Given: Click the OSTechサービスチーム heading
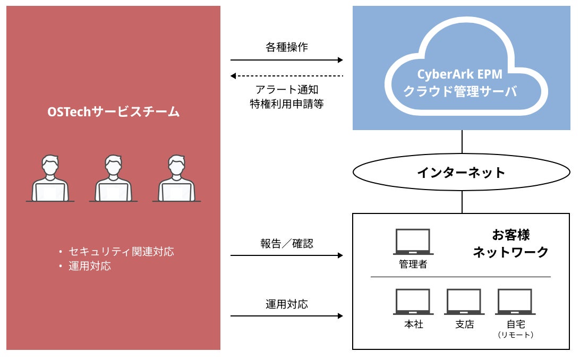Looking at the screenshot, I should [x=114, y=112].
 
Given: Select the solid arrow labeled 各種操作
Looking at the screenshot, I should [x=287, y=61].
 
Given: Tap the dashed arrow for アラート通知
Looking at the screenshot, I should [x=287, y=76].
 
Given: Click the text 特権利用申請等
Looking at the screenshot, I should [x=287, y=104].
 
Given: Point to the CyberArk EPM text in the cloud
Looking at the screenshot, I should [x=460, y=75].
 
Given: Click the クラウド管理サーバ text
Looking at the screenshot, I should [x=460, y=91].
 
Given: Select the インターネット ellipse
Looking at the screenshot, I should [x=461, y=173].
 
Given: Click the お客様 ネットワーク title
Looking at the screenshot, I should [x=510, y=243].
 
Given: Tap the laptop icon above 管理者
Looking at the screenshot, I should [x=413, y=242].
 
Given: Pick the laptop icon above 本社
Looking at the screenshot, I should [x=413, y=302].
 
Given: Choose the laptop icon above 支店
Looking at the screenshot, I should [x=463, y=302].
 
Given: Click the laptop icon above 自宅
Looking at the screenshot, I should [x=515, y=302].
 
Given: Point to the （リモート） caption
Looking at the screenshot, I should [x=515, y=335].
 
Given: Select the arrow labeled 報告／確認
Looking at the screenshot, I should [x=287, y=255].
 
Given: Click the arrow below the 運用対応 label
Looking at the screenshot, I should [x=287, y=316].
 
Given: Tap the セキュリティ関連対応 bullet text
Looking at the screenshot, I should [x=120, y=252].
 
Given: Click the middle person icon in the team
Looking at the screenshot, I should [x=113, y=178].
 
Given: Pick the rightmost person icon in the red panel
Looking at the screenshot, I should [x=176, y=178].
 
